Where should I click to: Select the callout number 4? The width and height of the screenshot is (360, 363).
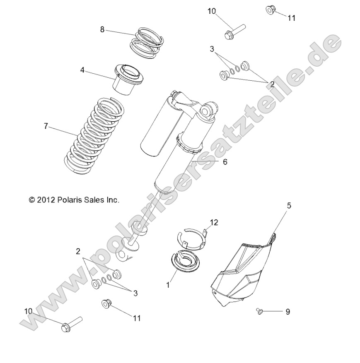click(83, 70)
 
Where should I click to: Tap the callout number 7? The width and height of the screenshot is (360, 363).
click(46, 125)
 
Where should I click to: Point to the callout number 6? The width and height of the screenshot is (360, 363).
click(225, 162)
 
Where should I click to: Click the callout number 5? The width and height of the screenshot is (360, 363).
click(290, 205)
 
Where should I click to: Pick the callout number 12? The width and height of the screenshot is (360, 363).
click(213, 223)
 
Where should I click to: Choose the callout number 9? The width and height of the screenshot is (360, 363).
click(288, 312)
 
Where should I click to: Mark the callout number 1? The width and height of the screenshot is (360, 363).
click(168, 285)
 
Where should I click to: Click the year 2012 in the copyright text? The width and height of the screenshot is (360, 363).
click(46, 200)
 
